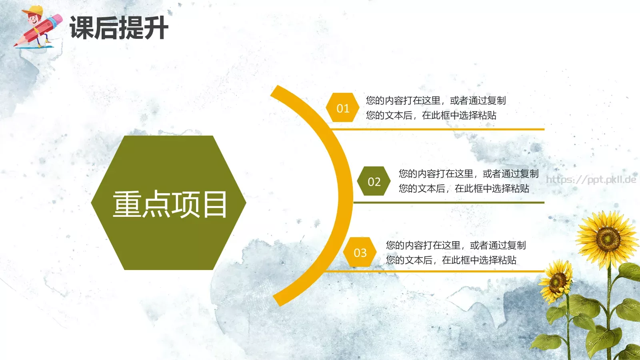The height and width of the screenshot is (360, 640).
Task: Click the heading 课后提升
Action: coord(119,28)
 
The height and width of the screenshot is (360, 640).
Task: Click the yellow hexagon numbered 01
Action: coord(343,108)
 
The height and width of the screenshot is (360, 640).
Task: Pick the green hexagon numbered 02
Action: coord(374,182)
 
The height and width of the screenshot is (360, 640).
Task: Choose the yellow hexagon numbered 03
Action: coord(360,252)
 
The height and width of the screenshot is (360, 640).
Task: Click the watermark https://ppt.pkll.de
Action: coord(591,180)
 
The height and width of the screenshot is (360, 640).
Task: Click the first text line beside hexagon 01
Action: coord(436,100)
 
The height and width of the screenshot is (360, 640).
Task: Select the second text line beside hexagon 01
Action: coord(431,115)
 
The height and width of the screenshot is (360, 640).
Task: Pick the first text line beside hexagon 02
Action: coord(468,174)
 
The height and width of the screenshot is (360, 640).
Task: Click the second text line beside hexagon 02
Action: coord(464,188)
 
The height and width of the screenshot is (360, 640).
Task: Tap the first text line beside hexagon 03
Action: coord(456,245)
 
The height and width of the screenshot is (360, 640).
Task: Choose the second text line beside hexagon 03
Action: coord(451,260)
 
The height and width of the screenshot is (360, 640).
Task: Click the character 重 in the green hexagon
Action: coord(127,204)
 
